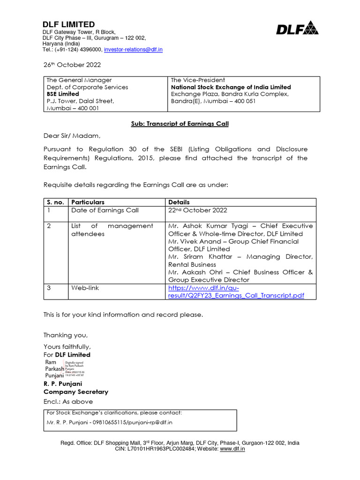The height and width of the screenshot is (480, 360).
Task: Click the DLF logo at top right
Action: pyautogui.click(x=297, y=30)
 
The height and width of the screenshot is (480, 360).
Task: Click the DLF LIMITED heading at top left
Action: pyautogui.click(x=68, y=24)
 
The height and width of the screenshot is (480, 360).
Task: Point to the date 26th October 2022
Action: pyautogui.click(x=72, y=65)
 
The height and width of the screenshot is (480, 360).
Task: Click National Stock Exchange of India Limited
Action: pyautogui.click(x=231, y=87)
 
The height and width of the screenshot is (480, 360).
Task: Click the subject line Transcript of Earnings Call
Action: pyautogui.click(x=180, y=124)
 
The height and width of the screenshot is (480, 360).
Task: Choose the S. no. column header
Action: pyautogui.click(x=56, y=202)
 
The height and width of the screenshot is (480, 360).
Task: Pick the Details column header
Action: pyautogui.click(x=179, y=202)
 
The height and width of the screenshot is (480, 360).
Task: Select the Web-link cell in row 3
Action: pyautogui.click(x=85, y=288)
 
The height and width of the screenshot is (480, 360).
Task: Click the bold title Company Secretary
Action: pyautogui.click(x=76, y=391)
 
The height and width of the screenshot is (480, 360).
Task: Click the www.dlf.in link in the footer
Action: pyautogui.click(x=232, y=449)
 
